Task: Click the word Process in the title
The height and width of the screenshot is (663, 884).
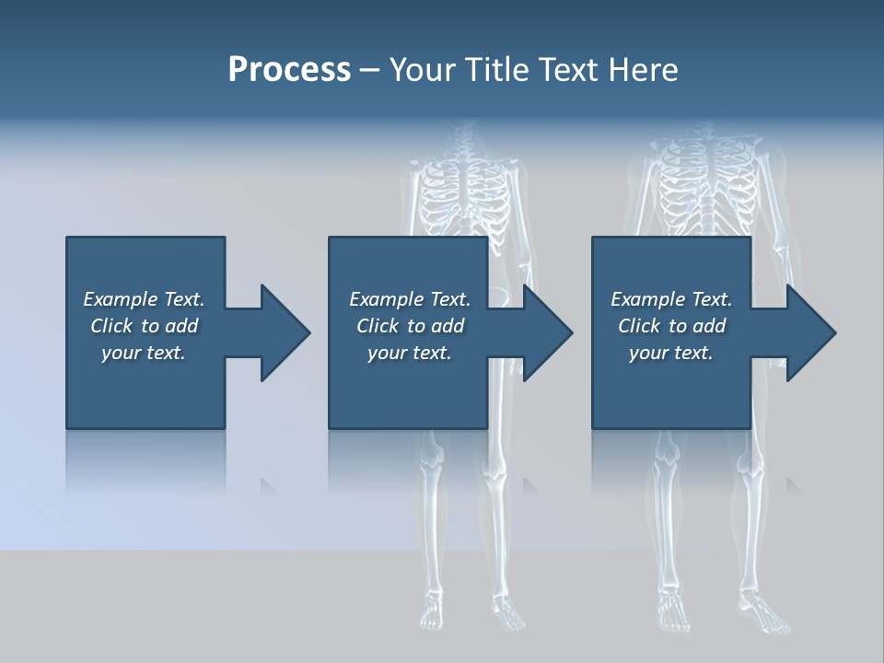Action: [x=289, y=70]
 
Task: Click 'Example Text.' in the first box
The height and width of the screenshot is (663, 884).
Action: [x=144, y=299]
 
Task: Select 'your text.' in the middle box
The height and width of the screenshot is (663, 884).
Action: [x=409, y=353]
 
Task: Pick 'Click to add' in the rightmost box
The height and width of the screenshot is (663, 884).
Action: [x=672, y=326]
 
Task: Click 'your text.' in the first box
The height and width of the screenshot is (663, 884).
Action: [x=144, y=353]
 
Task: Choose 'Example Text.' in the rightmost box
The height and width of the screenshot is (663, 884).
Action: [x=671, y=299]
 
